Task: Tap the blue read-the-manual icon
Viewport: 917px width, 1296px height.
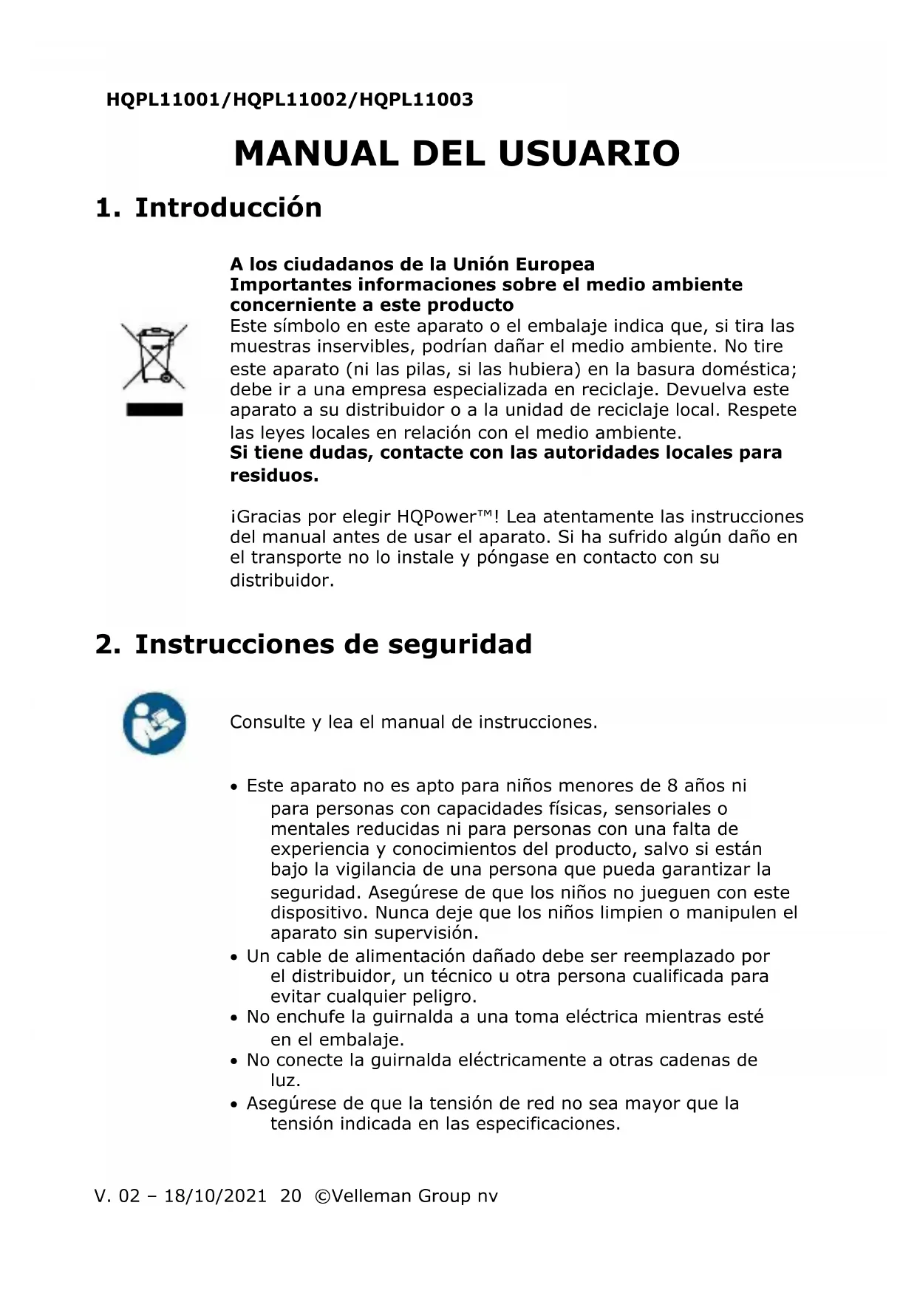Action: click(154, 723)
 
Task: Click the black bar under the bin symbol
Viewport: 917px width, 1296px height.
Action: click(154, 409)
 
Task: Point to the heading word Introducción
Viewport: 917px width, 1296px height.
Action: click(228, 208)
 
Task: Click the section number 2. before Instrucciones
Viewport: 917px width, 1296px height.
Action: click(107, 644)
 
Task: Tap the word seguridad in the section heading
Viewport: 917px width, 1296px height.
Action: click(460, 644)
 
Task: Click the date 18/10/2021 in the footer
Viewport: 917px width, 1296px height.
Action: click(215, 1196)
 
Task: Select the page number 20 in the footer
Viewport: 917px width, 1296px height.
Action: click(291, 1196)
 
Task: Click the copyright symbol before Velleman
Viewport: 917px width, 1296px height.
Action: click(322, 1196)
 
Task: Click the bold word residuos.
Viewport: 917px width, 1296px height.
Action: click(274, 475)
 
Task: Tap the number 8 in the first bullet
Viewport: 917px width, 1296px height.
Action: click(672, 785)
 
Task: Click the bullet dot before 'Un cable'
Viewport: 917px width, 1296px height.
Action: click(234, 958)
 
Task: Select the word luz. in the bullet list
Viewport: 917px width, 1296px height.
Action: click(285, 1080)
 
